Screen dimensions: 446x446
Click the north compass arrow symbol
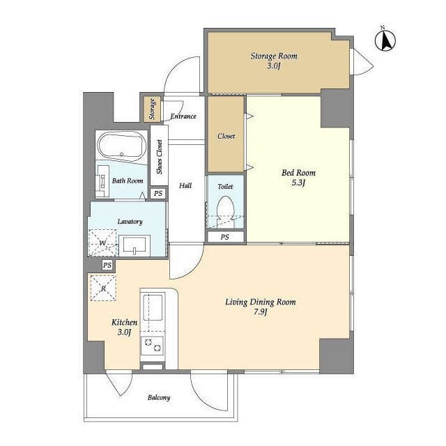pyautogui.click(x=385, y=40)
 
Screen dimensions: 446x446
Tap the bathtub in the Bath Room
pyautogui.click(x=122, y=146)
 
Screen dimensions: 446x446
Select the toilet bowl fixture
pyautogui.click(x=225, y=211)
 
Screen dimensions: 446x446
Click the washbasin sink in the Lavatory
pyautogui.click(x=134, y=245)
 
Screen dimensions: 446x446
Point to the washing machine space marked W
pyautogui.click(x=102, y=243)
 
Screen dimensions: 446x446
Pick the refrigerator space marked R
pyautogui.click(x=103, y=288)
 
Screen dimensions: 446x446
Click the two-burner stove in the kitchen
pyautogui.click(x=153, y=345)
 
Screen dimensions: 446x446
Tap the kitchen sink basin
pyautogui.click(x=153, y=308)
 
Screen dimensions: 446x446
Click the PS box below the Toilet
pyautogui.click(x=225, y=237)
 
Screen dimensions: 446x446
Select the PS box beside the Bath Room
pyautogui.click(x=158, y=194)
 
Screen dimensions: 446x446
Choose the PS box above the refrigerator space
pyautogui.click(x=107, y=265)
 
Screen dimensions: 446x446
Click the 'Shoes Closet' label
pyautogui.click(x=160, y=157)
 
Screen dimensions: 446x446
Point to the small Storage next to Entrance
pyautogui.click(x=152, y=109)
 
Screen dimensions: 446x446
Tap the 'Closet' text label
pyautogui.click(x=226, y=137)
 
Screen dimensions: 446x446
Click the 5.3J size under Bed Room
pyautogui.click(x=298, y=183)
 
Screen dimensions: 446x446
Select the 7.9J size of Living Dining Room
pyautogui.click(x=260, y=312)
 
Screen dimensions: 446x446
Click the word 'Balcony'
pyautogui.click(x=159, y=398)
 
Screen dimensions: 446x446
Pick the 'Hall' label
pyautogui.click(x=185, y=186)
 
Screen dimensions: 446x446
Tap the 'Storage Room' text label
pyautogui.click(x=274, y=56)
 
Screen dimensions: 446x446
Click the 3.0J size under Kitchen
pyautogui.click(x=124, y=332)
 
